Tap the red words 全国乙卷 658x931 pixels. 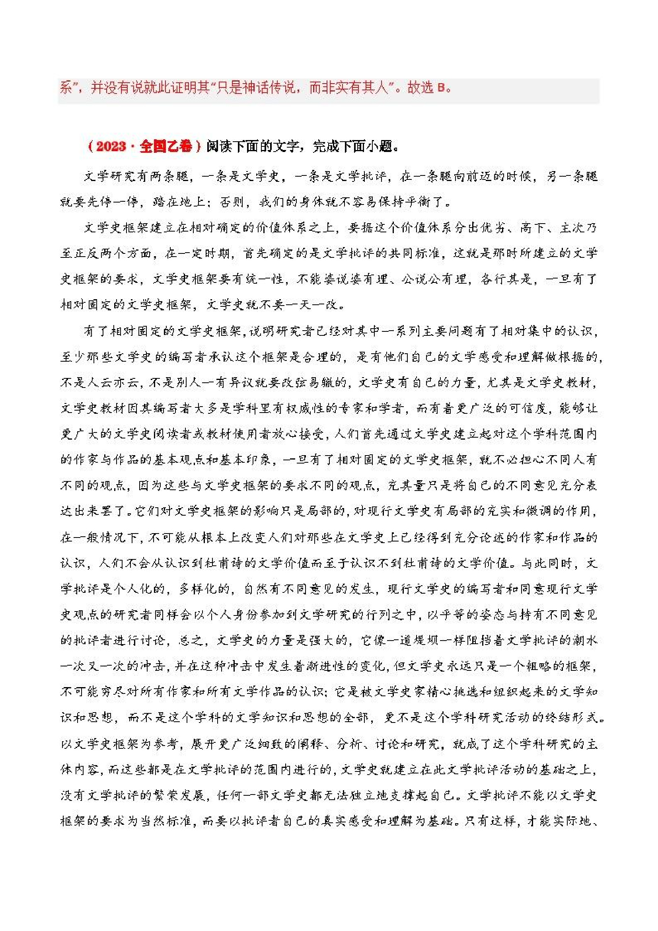coord(165,146)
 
